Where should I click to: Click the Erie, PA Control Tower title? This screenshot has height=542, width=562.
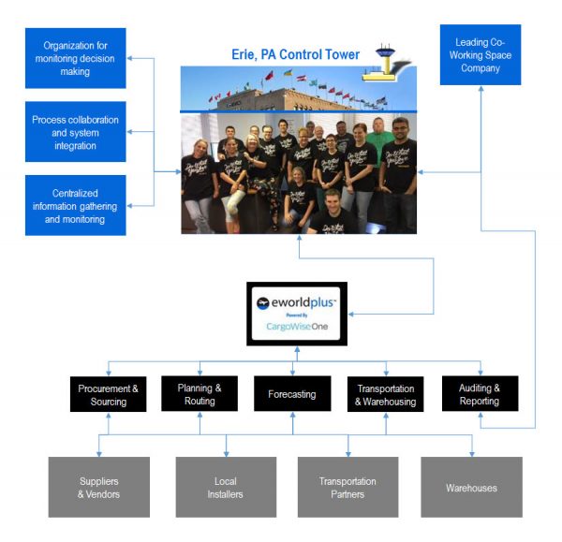pos(295,54)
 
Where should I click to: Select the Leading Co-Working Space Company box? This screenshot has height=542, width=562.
pos(481,55)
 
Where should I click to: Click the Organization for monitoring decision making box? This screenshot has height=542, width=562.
pos(77,58)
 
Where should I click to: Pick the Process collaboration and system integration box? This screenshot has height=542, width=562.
pos(77,133)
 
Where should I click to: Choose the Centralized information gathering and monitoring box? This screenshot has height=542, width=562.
pos(77,206)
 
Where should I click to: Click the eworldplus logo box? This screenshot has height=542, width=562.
pos(297,315)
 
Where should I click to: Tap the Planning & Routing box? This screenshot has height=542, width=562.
pos(200,394)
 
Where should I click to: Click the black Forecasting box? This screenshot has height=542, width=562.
pos(292,394)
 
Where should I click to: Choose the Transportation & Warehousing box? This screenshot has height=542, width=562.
pos(385,394)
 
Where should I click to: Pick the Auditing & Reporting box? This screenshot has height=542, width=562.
pos(480,394)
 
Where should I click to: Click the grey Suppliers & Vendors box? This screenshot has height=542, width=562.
pos(98,488)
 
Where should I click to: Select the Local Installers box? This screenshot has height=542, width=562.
pos(225,488)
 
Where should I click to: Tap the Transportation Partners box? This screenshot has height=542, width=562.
pos(348,488)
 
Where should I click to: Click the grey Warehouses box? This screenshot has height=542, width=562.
pos(471,488)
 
